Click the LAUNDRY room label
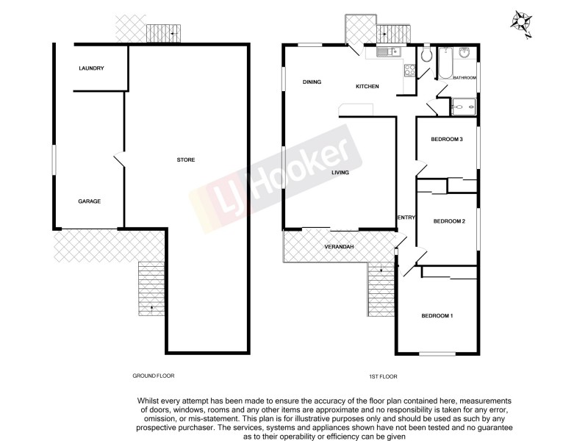[91, 68]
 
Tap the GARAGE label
[90, 201]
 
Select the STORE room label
[185, 159]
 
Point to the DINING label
[312, 82]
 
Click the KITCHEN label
[367, 87]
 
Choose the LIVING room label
[340, 173]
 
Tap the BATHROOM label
[464, 77]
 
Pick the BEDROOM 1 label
[437, 316]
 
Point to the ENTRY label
[406, 217]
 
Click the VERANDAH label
[339, 246]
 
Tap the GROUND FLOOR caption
[154, 376]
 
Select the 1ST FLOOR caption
[383, 376]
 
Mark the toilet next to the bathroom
[426, 56]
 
